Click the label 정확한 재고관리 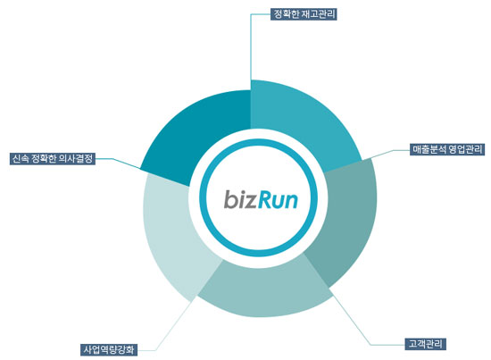click(304, 14)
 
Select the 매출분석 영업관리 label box click(447, 149)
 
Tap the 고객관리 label click(425, 344)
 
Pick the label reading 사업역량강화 click(109, 349)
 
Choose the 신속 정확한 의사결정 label click(53, 158)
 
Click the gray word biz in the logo click(240, 200)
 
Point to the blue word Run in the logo click(278, 200)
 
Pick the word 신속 click(21, 158)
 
